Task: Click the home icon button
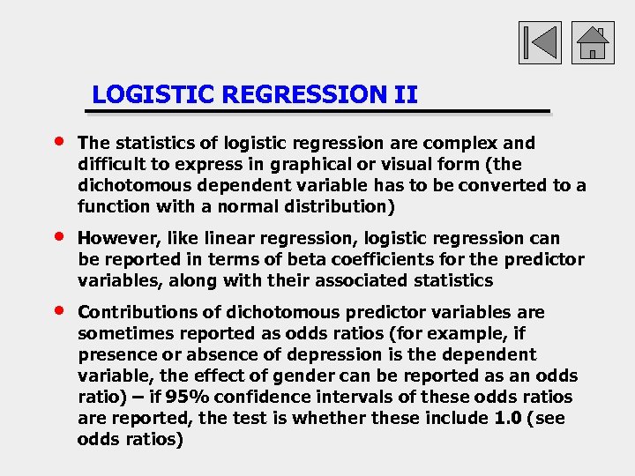(593, 42)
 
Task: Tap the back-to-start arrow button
(539, 42)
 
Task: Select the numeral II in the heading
(406, 94)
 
